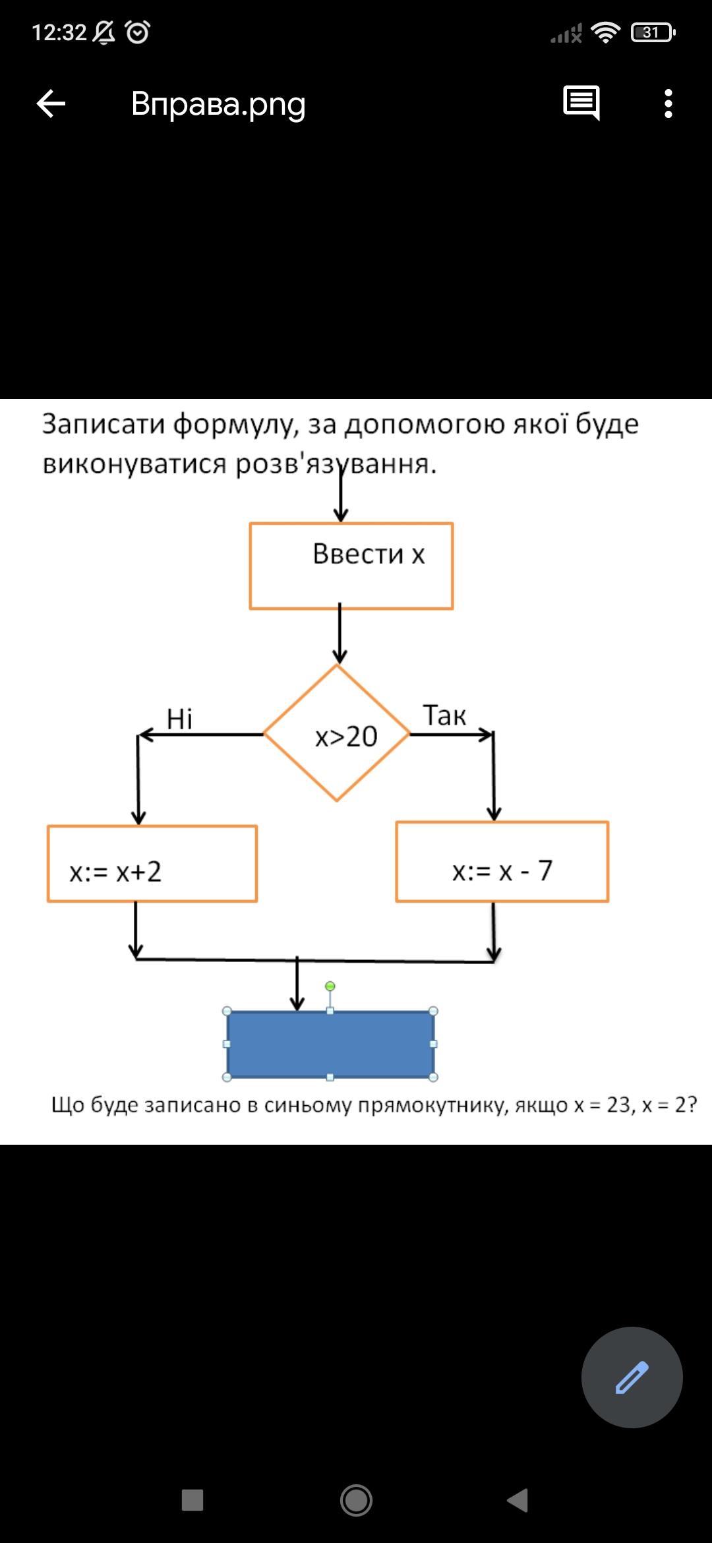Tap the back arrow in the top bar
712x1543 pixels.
point(51,104)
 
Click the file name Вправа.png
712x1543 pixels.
point(218,104)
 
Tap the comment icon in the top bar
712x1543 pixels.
point(581,103)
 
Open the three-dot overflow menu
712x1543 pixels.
point(668,104)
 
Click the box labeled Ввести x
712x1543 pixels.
point(351,566)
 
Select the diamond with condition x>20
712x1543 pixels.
point(337,733)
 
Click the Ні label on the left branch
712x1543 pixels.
point(179,719)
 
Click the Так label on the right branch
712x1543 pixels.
point(444,715)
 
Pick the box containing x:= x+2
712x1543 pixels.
point(152,863)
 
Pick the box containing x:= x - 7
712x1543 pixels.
point(502,862)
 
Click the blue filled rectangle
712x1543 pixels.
point(330,1044)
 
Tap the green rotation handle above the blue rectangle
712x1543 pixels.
point(330,986)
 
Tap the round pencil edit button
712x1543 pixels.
point(632,1377)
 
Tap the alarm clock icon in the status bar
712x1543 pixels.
point(137,32)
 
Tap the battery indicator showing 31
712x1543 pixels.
point(653,32)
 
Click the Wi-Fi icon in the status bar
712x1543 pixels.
point(605,32)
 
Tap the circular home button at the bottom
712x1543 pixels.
point(356,1500)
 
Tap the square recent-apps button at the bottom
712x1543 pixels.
point(193,1500)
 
